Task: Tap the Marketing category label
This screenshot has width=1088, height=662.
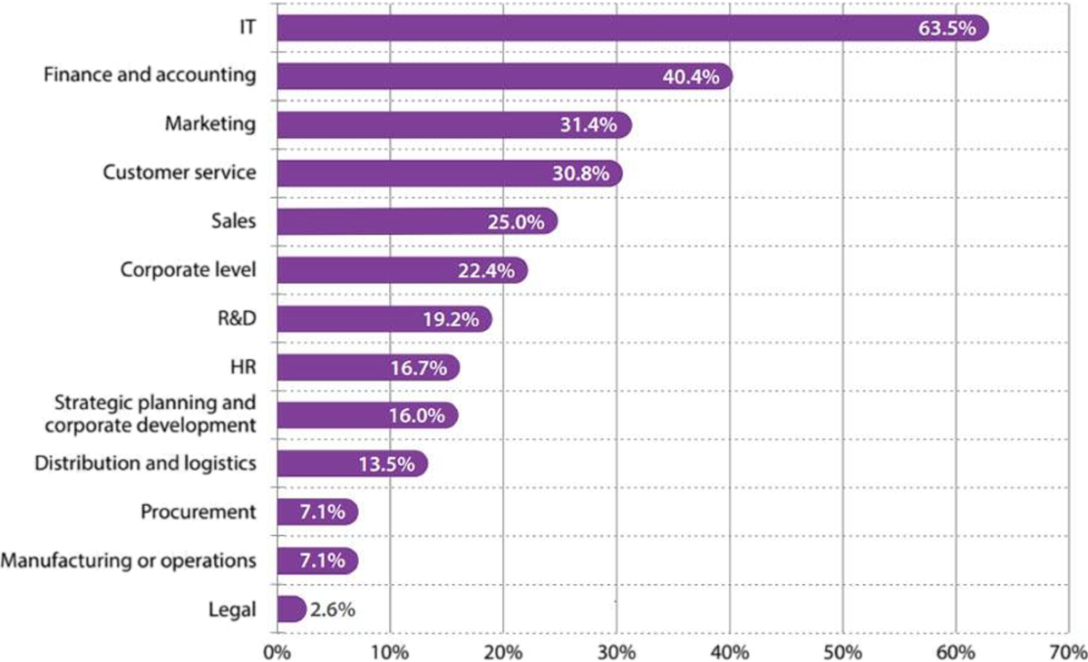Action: [210, 124]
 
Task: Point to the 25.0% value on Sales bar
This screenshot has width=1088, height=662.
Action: [516, 222]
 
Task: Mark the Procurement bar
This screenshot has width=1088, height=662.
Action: [316, 513]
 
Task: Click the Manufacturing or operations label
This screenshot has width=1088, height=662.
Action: [128, 560]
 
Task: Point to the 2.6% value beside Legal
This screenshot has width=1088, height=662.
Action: [332, 609]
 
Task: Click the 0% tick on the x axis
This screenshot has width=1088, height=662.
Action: [276, 650]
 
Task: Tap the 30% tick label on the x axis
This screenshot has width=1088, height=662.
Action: [616, 650]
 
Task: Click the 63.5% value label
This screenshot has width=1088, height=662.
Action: [947, 28]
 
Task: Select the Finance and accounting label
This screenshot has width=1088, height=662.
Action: [150, 75]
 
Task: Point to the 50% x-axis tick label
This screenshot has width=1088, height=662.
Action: [842, 650]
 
